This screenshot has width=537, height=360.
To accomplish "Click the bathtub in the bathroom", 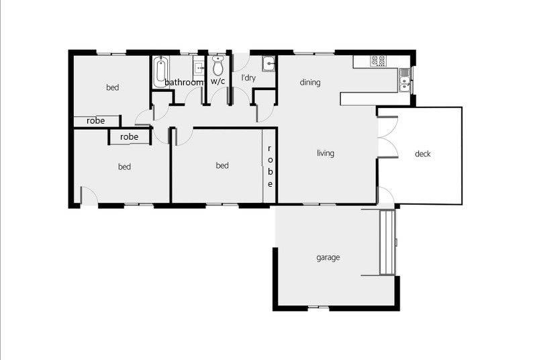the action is pos(160,72).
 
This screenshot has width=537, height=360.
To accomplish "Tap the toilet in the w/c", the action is pos(217,65).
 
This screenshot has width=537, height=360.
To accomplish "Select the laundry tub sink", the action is pos(269,64).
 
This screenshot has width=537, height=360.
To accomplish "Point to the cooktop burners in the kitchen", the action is pos(379,61).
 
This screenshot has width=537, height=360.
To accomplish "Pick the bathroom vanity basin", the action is pos(199,68).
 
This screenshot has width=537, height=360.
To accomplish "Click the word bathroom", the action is pos(184,82).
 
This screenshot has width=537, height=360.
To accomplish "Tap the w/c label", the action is pos(217,81).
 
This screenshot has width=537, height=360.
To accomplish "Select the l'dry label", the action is pos(248,78).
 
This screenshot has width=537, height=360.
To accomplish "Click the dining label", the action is pos(310,83).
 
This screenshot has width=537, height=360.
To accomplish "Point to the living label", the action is pos(326,153).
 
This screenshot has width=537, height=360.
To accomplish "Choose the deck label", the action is pos(423,154).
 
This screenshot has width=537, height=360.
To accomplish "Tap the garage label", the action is pos(328,257).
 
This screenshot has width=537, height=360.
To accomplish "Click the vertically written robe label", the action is pos(270,166).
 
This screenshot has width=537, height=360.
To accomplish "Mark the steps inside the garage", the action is pos(387,242).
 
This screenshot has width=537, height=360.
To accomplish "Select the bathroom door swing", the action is pos(194,95).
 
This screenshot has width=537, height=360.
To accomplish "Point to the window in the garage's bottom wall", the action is pos(318,308).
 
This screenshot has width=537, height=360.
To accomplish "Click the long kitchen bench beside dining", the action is pos(375,99).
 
